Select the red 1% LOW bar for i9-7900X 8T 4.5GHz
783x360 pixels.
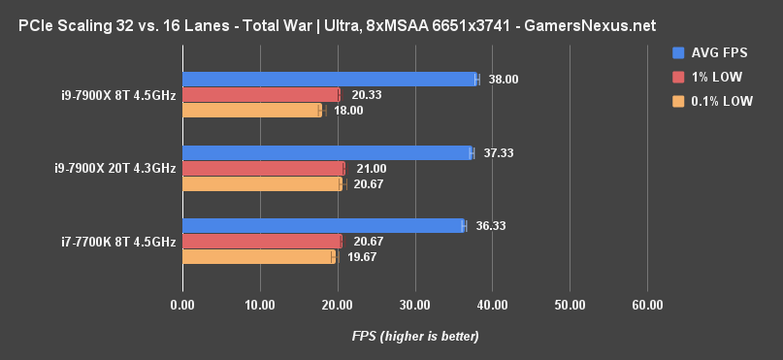(x=260, y=95)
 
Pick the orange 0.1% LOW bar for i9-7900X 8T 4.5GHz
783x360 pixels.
(x=250, y=111)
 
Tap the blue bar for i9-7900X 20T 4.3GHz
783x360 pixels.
(x=326, y=152)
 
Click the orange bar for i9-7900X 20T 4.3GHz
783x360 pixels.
(x=262, y=183)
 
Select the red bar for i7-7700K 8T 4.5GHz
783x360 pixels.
(x=261, y=241)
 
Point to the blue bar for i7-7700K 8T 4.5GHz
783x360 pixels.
(x=322, y=225)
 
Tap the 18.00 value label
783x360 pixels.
(x=348, y=111)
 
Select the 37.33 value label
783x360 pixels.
(x=499, y=152)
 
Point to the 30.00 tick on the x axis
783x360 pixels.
(x=414, y=306)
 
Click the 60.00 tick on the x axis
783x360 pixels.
(x=647, y=306)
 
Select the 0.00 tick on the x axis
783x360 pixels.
(x=181, y=306)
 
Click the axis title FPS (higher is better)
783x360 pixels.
(x=415, y=337)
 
